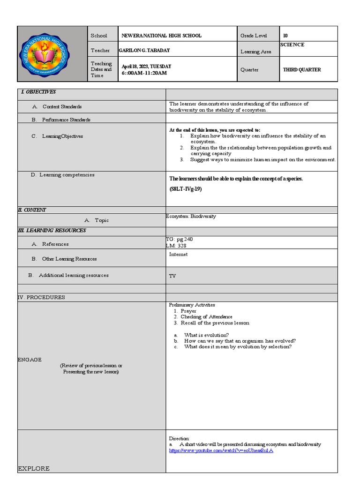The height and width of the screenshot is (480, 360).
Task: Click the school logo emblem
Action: click(52, 53)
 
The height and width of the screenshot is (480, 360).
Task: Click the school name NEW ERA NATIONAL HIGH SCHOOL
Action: click(161, 36)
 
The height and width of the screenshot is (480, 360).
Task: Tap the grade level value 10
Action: click(285, 36)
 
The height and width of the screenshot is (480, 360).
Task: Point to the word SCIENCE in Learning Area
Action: click(292, 45)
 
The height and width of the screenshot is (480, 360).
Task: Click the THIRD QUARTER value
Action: click(302, 70)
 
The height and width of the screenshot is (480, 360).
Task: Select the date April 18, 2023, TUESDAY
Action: click(146, 67)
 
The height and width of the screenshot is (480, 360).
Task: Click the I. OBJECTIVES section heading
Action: click(38, 92)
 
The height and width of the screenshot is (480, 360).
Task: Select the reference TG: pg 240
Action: click(179, 239)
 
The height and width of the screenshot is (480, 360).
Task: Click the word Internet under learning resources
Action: click(178, 255)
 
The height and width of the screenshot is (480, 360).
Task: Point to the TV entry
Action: click(172, 276)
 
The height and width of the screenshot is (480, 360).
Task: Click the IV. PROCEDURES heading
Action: click(41, 297)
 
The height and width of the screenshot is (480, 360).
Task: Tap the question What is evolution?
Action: click(206, 335)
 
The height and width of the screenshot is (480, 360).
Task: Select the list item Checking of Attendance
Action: click(206, 317)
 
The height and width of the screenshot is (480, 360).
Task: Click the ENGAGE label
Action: click(30, 360)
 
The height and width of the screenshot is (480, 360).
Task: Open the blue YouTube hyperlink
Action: click(221, 450)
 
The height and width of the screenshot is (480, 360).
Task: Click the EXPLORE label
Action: click(33, 468)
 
